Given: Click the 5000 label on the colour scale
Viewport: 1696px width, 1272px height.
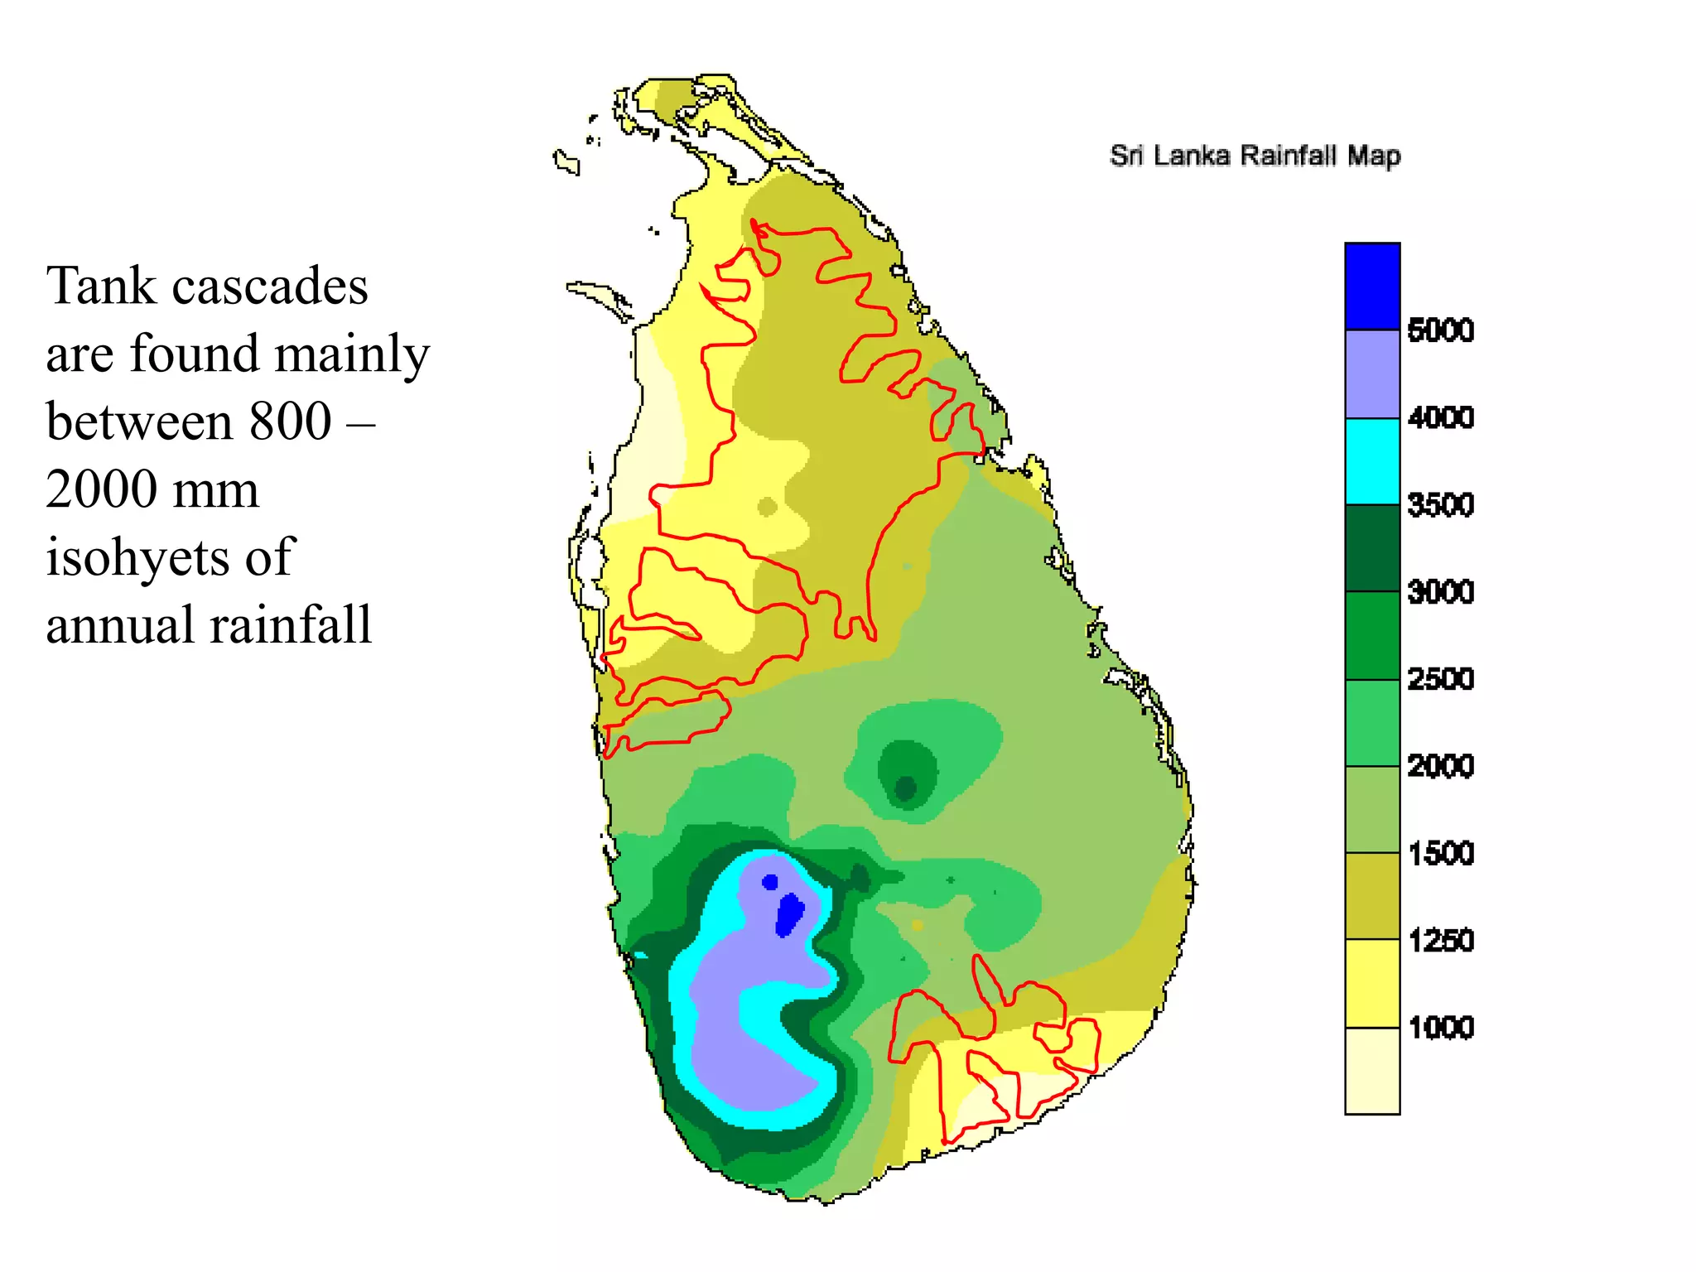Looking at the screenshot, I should tap(1440, 330).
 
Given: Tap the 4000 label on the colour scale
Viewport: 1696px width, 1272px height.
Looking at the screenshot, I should tap(1440, 417).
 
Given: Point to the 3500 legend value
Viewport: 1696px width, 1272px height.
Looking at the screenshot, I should tap(1440, 504).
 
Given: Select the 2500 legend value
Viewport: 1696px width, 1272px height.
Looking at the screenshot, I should tap(1440, 679).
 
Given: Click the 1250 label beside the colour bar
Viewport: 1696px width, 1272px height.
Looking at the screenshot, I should tap(1440, 941).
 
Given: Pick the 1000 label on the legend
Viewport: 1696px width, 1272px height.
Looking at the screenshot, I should tap(1440, 1028).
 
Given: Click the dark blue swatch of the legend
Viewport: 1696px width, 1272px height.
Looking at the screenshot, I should tap(1372, 287).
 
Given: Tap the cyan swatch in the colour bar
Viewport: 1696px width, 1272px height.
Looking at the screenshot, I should tap(1372, 461).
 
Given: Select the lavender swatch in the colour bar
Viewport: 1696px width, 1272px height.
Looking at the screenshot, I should tap(1372, 374).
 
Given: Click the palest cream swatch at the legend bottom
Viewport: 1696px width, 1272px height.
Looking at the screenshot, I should tap(1372, 1072).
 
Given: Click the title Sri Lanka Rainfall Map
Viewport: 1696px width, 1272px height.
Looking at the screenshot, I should tap(1255, 156).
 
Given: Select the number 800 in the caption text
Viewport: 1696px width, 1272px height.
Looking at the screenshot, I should tap(291, 422).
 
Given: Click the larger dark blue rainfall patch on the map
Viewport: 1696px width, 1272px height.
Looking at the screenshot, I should tap(789, 913).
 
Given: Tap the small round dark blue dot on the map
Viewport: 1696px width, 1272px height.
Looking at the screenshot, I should tap(770, 882).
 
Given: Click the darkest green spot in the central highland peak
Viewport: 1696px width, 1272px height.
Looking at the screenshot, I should tap(906, 788).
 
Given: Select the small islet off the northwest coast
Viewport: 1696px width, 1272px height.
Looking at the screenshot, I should tap(566, 161).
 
